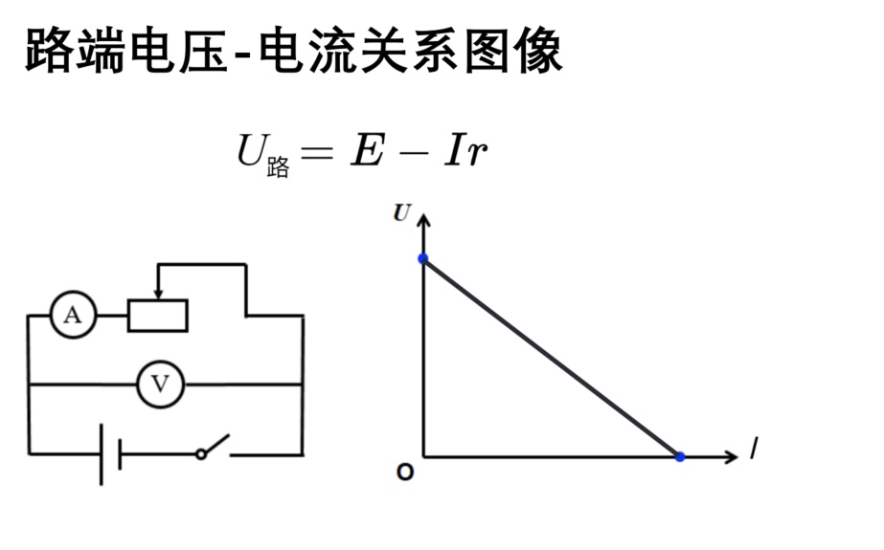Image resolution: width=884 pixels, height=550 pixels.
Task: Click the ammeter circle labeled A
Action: (x=74, y=315)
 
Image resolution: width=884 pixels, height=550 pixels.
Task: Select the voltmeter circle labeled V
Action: (x=161, y=385)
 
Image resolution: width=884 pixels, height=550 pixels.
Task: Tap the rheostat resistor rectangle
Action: (x=158, y=316)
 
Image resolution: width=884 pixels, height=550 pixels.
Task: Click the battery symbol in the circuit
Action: (x=110, y=454)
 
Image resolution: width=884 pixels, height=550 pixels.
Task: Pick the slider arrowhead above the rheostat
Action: (x=158, y=294)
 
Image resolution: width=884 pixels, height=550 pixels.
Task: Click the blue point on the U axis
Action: (x=422, y=259)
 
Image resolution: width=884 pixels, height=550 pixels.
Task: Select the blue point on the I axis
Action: (x=680, y=456)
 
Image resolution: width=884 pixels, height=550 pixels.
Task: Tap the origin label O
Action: (x=405, y=472)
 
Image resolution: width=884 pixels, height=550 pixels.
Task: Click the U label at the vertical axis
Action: (x=402, y=212)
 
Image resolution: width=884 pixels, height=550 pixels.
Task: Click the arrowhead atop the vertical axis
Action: (x=423, y=220)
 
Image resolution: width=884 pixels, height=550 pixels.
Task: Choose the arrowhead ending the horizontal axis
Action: (x=731, y=456)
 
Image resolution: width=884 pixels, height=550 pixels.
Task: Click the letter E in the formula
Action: (x=368, y=150)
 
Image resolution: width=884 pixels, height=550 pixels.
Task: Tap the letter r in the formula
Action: (x=477, y=154)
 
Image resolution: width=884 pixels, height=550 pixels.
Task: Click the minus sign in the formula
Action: (x=414, y=152)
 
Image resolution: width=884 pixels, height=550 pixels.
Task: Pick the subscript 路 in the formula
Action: (x=278, y=167)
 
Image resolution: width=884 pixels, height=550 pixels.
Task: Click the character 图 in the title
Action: (x=488, y=52)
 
